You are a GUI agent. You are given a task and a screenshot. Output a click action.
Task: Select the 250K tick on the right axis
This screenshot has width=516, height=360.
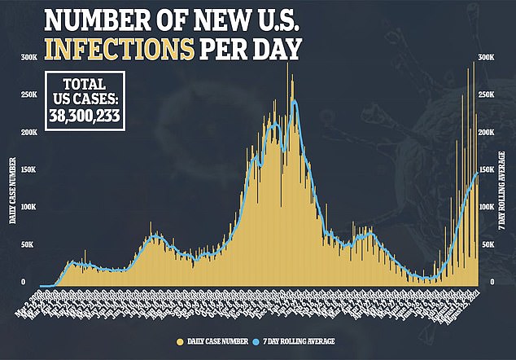point(487,94)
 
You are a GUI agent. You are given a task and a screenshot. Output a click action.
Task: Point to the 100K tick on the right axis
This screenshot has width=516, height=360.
point(487,208)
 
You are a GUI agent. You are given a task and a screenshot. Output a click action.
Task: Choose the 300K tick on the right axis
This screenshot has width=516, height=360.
point(487,56)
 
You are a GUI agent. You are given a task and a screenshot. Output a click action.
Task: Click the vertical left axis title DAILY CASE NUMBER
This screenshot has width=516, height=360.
point(12,192)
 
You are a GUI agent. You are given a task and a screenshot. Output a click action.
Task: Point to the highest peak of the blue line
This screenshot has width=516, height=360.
point(293,101)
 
